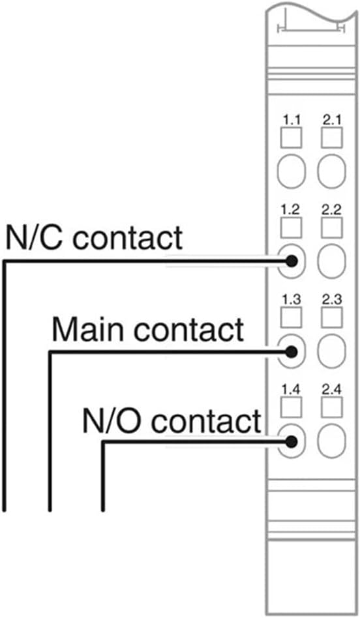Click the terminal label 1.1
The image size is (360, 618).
click(291, 120)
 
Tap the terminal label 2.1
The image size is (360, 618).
click(331, 120)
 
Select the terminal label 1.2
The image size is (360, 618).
click(291, 210)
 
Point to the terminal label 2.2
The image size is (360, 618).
click(331, 210)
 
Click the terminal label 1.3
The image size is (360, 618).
click(291, 299)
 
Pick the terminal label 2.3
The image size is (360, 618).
click(331, 299)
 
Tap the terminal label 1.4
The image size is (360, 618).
click(291, 390)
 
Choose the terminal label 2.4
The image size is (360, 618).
click(331, 390)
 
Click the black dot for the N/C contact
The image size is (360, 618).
click(292, 260)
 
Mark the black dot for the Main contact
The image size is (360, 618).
click(292, 351)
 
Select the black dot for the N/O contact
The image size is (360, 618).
click(292, 442)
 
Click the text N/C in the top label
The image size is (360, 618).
click(34, 238)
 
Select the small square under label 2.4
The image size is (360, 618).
click(331, 407)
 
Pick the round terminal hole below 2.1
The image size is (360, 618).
click(331, 172)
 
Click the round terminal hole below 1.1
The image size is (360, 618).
click(292, 172)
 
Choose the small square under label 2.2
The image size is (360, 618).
click(331, 228)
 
